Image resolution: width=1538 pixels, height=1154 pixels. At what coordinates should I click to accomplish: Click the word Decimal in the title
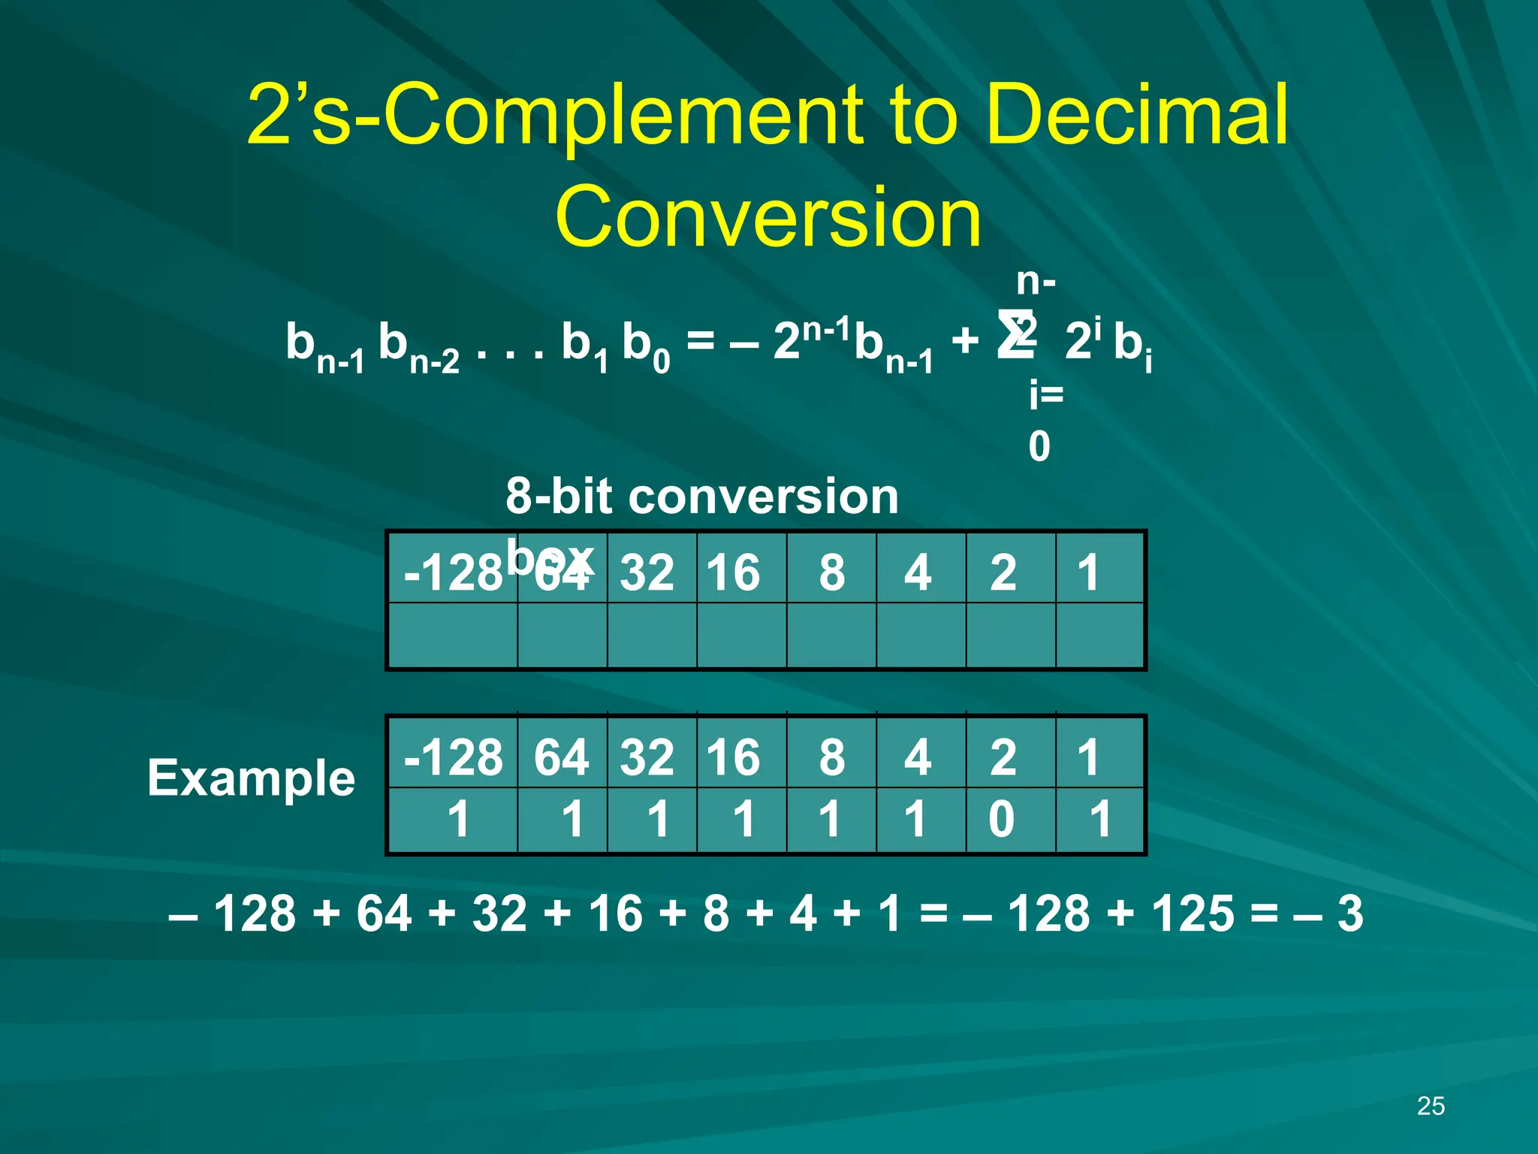point(1137,114)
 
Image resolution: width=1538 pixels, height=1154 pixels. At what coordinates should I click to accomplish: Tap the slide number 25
point(1431,1106)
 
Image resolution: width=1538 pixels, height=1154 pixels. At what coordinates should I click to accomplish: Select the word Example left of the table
point(251,778)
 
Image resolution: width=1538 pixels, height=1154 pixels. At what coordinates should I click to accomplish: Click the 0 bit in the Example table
point(1001,818)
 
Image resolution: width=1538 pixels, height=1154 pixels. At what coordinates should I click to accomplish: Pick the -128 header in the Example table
point(453,757)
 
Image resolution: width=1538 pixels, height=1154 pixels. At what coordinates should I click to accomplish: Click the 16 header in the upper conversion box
point(734,572)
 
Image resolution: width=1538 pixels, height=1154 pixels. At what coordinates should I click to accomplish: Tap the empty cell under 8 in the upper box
point(831,635)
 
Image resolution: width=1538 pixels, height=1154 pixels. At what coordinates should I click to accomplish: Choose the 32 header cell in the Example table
point(647,757)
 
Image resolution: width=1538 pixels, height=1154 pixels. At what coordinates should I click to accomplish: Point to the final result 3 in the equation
point(1350,914)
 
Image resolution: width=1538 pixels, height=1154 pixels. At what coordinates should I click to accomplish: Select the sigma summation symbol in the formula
point(1015,335)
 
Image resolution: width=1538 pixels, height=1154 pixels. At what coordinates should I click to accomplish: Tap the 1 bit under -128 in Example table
point(458,818)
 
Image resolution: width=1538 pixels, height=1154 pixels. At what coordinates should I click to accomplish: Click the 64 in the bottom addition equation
point(383,914)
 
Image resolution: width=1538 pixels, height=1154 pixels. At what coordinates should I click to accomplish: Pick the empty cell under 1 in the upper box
point(1099,635)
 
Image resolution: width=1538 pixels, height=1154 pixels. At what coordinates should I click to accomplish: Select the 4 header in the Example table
point(918,757)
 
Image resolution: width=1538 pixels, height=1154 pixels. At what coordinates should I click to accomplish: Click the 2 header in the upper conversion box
point(1003,572)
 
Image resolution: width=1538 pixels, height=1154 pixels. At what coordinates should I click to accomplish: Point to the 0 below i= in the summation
point(1039,447)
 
